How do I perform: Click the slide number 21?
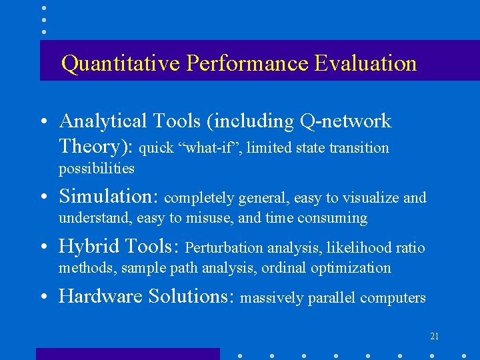tap(435, 336)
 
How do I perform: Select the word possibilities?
tap(97, 169)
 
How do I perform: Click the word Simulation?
tap(107, 197)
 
